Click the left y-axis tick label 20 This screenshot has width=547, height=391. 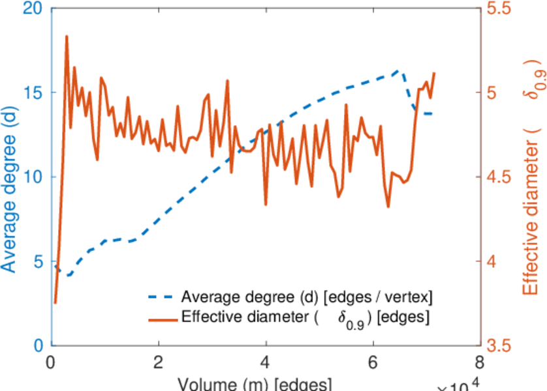[x=32, y=9]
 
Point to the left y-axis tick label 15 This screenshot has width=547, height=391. [x=32, y=93]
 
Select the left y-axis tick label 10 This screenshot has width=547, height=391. [x=32, y=177]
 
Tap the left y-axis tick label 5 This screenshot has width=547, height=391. [x=38, y=261]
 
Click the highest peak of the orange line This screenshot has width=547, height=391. [x=67, y=36]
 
